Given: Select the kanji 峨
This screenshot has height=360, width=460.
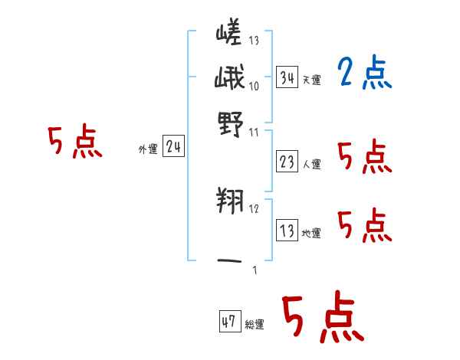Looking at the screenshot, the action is tap(229, 79).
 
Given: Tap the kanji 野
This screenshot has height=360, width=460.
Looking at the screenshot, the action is tap(229, 122).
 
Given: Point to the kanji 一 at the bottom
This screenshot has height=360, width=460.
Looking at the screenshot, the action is tap(230, 263).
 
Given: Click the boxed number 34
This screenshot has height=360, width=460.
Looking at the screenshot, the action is tap(287, 77).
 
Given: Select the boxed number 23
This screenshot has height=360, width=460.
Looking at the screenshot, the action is tap(287, 162).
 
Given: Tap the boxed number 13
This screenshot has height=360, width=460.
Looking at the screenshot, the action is tap(287, 231).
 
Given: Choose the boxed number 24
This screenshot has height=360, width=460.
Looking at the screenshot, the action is tap(173, 148).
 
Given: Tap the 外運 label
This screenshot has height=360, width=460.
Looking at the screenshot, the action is tap(148, 150).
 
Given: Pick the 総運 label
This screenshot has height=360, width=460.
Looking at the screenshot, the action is tap(255, 324).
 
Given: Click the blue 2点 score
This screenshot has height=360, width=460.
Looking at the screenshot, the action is tap(364, 74).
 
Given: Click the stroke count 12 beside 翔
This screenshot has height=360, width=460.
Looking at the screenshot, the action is tap(255, 208).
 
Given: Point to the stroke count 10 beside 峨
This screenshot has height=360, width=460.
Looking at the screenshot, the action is tap(255, 86).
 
